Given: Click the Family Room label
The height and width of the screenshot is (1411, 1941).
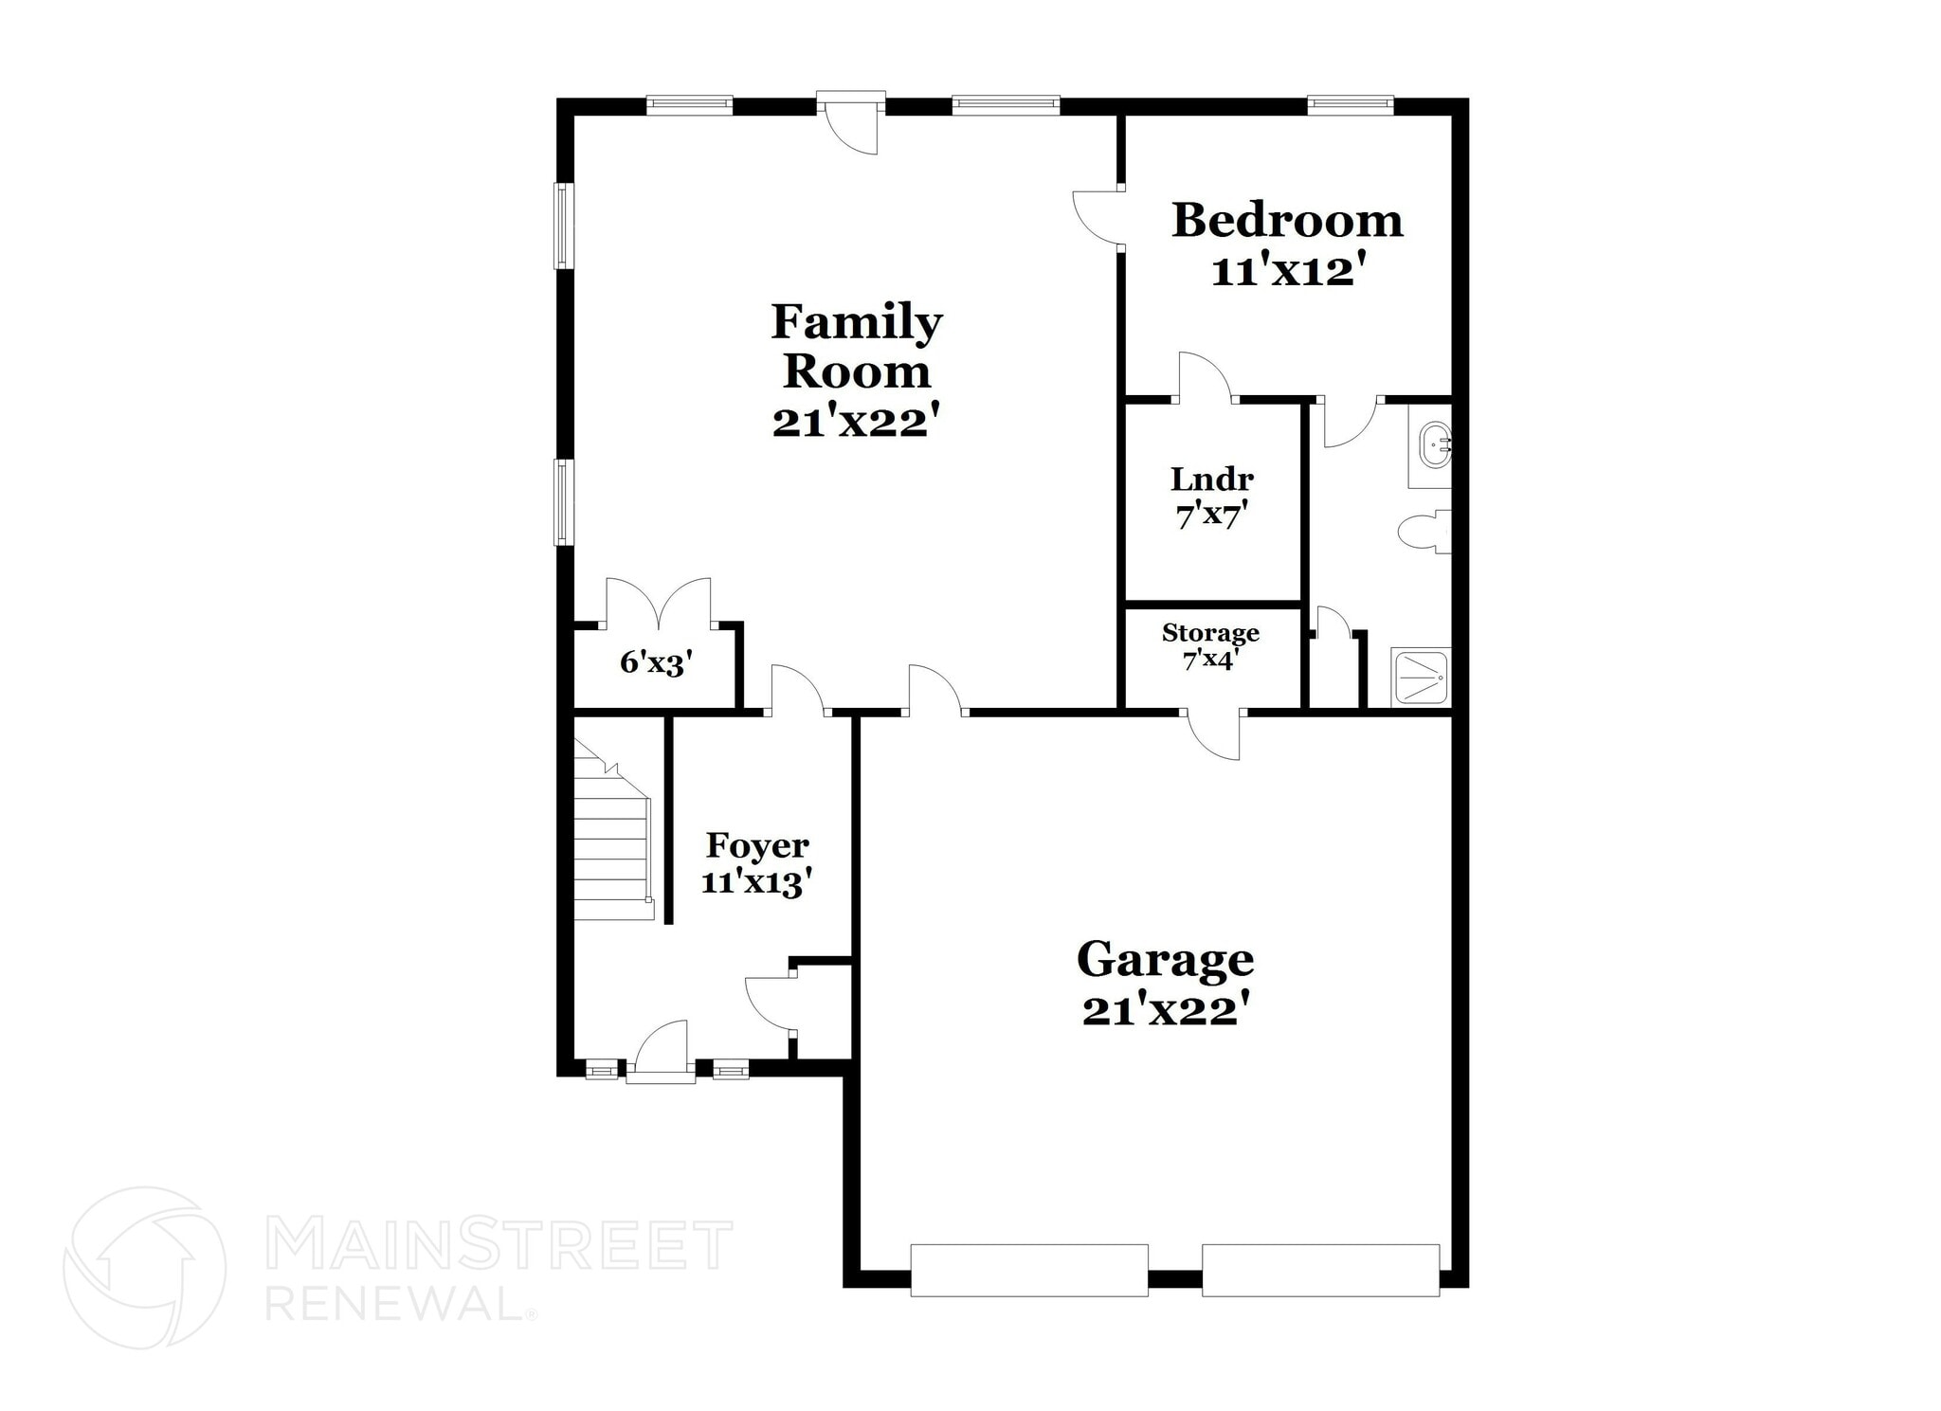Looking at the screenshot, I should click(856, 346).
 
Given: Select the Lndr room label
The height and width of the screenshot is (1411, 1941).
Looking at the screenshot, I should click(1212, 479).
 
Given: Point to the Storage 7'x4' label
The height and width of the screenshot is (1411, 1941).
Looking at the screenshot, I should click(1210, 645).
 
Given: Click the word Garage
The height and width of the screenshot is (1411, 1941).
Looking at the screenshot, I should click(1165, 959).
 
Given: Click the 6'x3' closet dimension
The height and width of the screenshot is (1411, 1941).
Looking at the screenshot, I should click(657, 663).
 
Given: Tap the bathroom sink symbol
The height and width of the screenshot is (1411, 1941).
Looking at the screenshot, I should click(1431, 446).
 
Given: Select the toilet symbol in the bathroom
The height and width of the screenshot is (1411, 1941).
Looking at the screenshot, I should click(1424, 531).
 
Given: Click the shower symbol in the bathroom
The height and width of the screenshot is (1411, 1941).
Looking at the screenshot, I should click(1421, 677).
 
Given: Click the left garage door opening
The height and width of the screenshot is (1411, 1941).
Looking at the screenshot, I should click(1028, 1270).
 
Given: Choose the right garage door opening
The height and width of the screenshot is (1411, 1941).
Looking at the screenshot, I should click(1320, 1270).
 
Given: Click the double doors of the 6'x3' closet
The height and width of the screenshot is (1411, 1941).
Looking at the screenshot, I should click(658, 603).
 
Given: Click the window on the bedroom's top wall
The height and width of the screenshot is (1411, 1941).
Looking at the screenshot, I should click(1351, 104).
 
